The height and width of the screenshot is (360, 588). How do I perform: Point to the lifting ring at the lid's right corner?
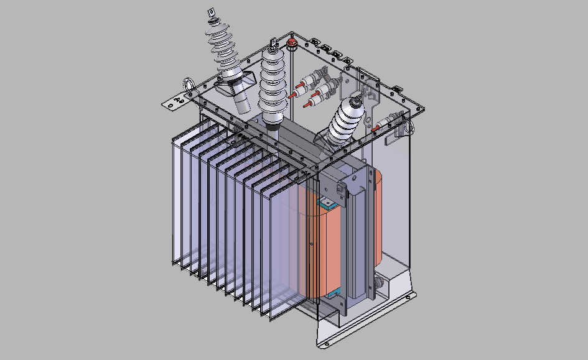[408, 126]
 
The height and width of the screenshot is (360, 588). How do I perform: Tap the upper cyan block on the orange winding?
[325, 202]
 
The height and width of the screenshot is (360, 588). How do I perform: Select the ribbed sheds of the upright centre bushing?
[274, 81]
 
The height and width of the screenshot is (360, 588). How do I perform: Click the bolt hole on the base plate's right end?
[409, 297]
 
